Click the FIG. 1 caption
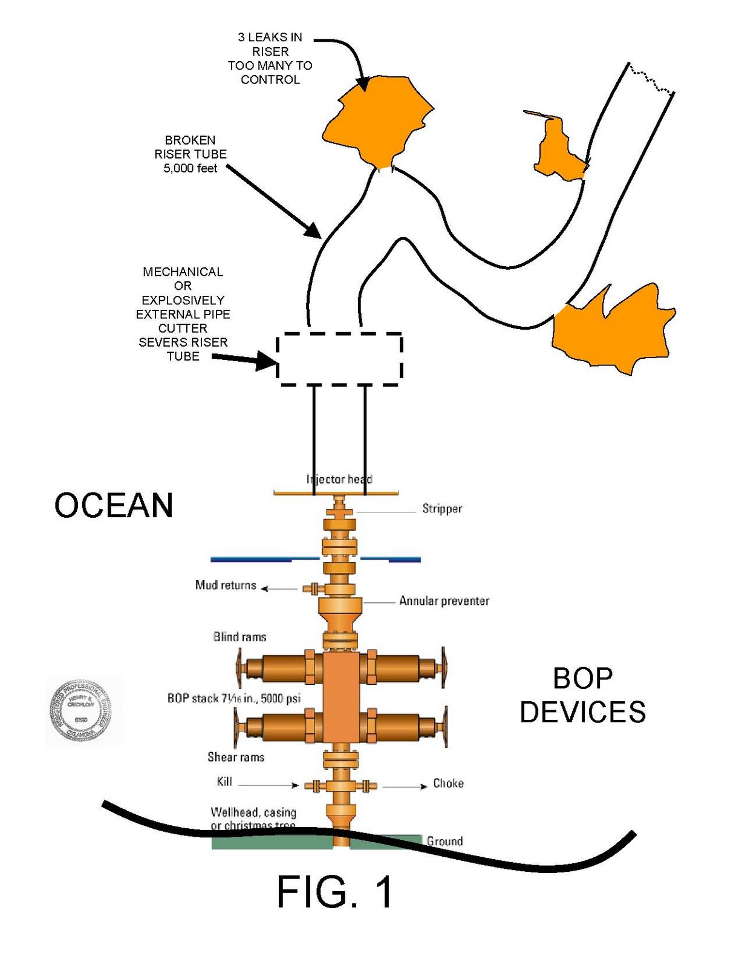pyautogui.click(x=334, y=892)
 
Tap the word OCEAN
pyautogui.click(x=114, y=505)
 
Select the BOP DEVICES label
pyautogui.click(x=582, y=695)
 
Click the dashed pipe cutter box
pyautogui.click(x=339, y=359)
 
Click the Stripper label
pyautogui.click(x=442, y=509)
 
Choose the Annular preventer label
pyautogui.click(x=444, y=601)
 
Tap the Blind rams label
pyautogui.click(x=239, y=636)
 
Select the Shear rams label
pyautogui.click(x=236, y=757)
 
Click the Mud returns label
pyautogui.click(x=226, y=585)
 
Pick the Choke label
pyautogui.click(x=448, y=783)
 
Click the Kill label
pyautogui.click(x=224, y=782)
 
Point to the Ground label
pyautogui.click(x=444, y=841)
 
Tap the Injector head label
pyautogui.click(x=339, y=479)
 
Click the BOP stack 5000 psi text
pyautogui.click(x=233, y=698)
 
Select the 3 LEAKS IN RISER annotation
pyautogui.click(x=270, y=58)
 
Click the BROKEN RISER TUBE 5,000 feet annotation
pyautogui.click(x=190, y=154)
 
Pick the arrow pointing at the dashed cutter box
pyautogui.click(x=245, y=361)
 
